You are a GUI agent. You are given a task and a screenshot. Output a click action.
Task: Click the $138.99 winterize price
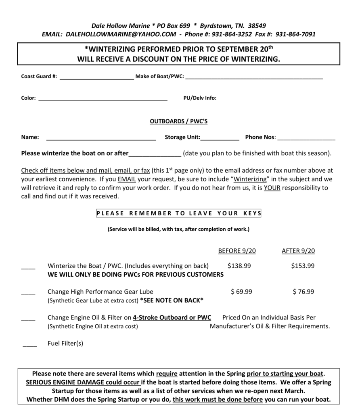[239, 266]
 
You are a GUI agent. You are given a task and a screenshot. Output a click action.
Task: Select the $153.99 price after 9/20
[303, 266]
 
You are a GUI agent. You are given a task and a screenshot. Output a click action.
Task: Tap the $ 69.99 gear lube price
[241, 292]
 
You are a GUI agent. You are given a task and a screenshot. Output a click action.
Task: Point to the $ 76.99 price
[303, 292]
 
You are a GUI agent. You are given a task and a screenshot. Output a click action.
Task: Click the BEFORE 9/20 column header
[237, 251]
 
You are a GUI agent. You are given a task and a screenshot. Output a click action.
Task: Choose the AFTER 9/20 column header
[298, 251]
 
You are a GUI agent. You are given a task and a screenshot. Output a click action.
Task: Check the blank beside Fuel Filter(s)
[30, 346]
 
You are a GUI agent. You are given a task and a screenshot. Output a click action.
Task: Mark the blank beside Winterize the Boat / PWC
[28, 268]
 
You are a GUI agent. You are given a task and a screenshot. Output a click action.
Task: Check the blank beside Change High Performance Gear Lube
[28, 294]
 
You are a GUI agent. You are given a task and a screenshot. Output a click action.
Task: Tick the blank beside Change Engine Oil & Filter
[28, 319]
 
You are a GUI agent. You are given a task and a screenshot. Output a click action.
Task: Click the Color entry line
[103, 100]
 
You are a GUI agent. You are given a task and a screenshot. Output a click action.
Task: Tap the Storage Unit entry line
[220, 139]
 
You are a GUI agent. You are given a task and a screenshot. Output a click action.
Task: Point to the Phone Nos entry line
[306, 139]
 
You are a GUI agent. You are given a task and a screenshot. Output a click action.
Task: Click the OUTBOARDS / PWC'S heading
[179, 121]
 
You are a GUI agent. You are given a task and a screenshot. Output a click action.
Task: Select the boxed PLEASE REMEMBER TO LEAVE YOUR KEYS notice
[179, 213]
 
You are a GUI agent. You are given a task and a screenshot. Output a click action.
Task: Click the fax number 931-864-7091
[295, 34]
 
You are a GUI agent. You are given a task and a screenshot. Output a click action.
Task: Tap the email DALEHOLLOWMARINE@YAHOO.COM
[121, 34]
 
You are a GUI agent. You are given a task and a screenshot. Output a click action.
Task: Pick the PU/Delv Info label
[200, 98]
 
